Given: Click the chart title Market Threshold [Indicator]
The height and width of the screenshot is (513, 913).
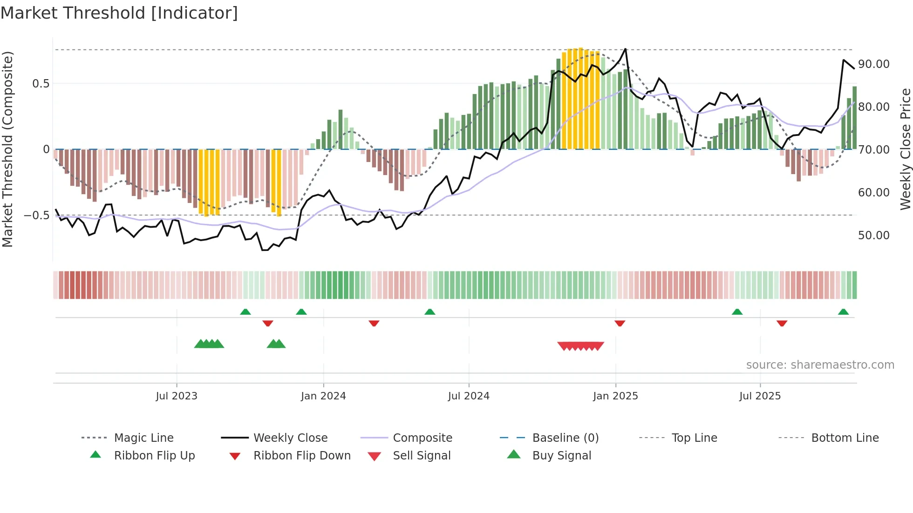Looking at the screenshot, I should coord(119,13).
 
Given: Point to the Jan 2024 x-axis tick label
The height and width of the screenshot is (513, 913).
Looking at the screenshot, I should coord(323,396).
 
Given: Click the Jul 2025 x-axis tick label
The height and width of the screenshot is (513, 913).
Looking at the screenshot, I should coord(760,396).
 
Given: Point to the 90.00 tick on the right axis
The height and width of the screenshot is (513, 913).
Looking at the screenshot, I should coord(873,64).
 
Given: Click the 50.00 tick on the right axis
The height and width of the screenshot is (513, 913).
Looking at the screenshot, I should coord(873,236).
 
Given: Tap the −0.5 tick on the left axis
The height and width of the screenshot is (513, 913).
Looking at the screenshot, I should coord(36,216).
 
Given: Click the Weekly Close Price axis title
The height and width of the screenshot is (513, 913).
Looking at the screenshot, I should coord(905,149).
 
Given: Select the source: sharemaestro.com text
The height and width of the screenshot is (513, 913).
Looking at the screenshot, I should coord(820,364).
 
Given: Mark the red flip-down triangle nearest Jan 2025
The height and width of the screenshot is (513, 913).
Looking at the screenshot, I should coord(620,323).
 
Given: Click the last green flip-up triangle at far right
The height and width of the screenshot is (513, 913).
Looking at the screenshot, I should coord(843,312).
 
